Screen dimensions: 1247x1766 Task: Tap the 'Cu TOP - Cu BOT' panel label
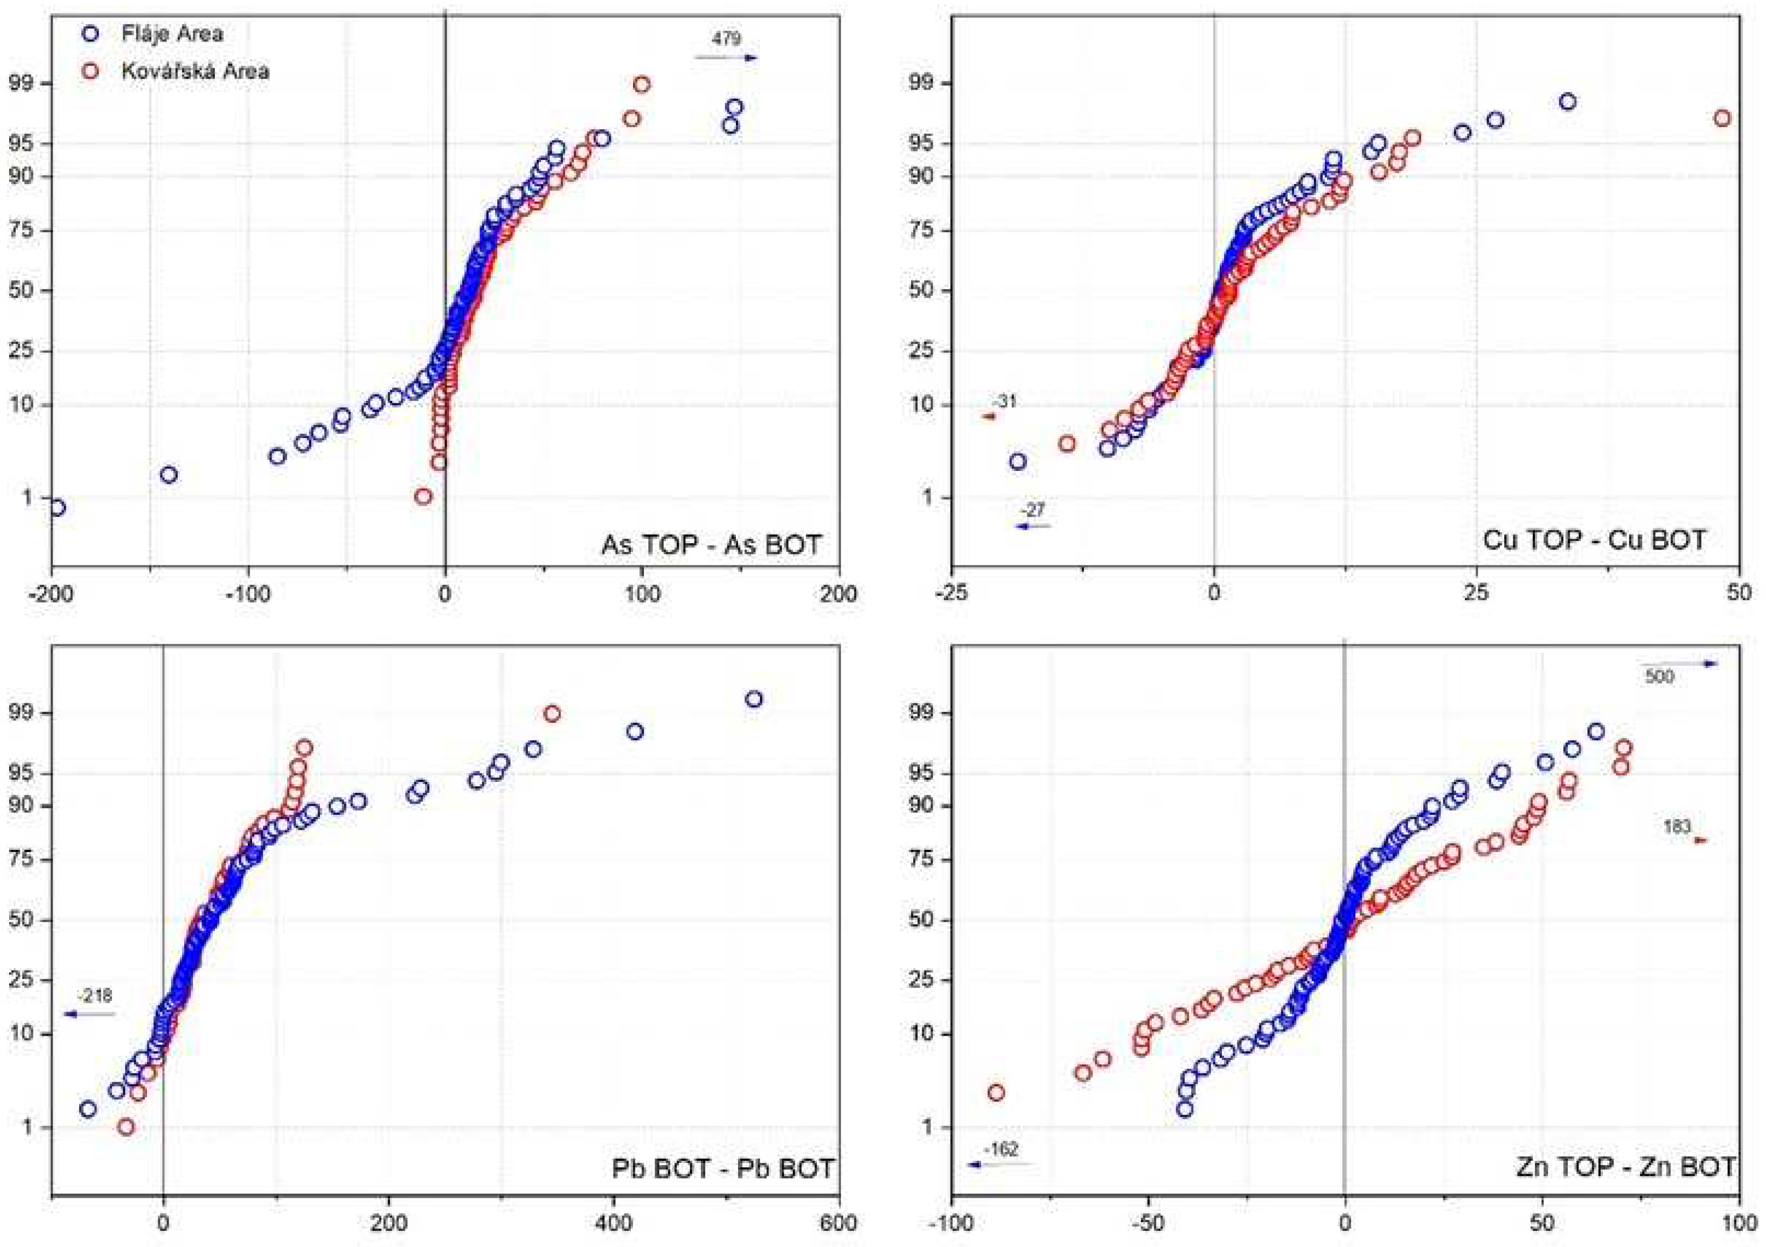click(x=1594, y=540)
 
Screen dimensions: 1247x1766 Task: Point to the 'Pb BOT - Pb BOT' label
click(x=722, y=1168)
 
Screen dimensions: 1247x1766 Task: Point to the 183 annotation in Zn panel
click(x=1677, y=827)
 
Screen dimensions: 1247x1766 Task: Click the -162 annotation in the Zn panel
click(x=1000, y=1149)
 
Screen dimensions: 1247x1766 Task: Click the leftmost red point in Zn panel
click(x=996, y=1092)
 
